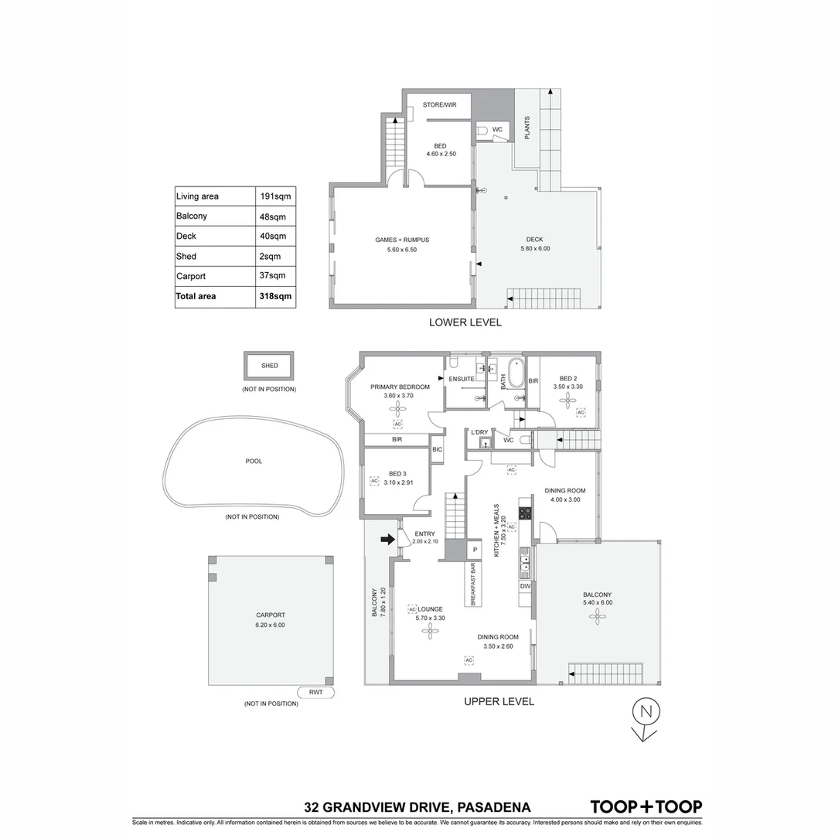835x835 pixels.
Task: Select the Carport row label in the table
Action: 191,276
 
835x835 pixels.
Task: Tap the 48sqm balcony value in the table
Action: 273,216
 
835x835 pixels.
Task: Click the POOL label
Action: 254,462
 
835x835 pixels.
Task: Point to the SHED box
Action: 269,366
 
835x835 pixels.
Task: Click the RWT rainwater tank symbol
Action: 315,693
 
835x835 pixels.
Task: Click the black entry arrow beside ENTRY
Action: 387,540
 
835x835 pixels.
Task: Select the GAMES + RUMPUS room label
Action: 401,240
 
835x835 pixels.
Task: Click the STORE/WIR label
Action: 439,104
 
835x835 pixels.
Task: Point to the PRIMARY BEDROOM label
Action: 400,387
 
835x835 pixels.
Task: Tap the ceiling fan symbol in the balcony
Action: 596,615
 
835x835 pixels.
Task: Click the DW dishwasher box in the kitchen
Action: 525,587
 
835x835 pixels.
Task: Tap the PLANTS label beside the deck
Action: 527,128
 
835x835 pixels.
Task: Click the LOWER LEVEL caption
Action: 465,322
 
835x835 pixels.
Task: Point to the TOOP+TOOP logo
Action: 646,806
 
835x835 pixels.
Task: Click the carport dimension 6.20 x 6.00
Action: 270,625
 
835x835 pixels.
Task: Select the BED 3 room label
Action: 397,473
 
